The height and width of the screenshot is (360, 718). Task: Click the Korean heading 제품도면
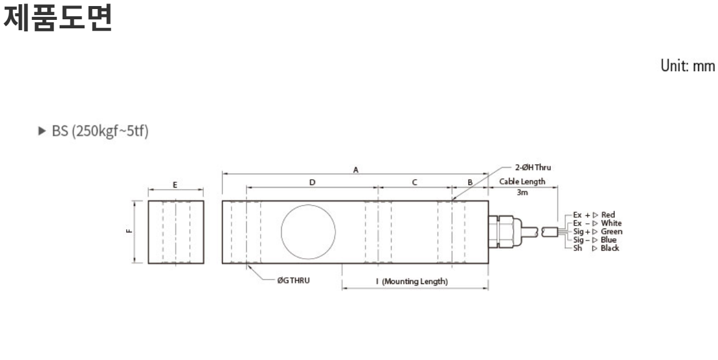point(58,18)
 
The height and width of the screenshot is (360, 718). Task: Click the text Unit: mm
point(687,66)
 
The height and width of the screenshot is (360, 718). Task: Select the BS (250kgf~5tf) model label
point(100,131)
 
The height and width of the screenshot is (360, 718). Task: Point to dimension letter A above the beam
point(356,170)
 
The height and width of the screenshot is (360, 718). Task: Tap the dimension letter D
point(313,183)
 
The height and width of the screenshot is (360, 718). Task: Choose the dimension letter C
point(415,183)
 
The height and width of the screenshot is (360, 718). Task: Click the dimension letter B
point(470,183)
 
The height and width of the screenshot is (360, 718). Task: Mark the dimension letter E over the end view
point(175,185)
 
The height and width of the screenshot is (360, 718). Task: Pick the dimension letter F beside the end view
point(130,231)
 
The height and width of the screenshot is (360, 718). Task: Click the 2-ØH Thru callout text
point(533,168)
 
